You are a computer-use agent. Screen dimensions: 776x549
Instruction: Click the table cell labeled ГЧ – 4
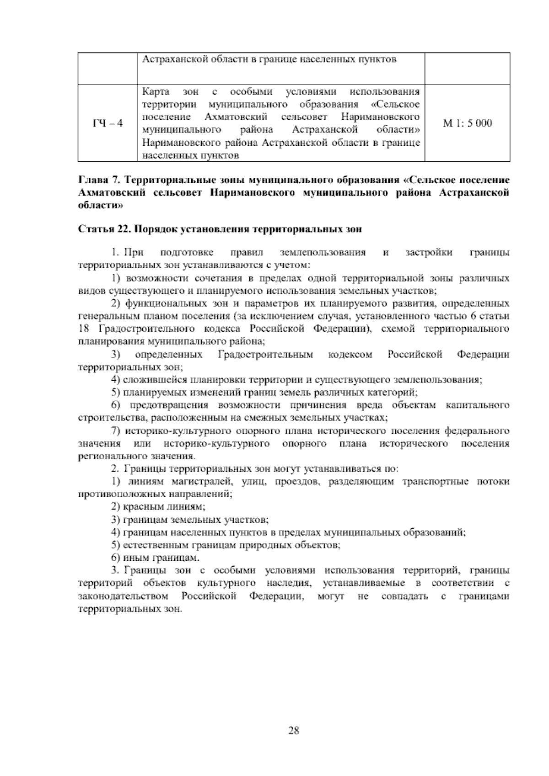tap(108, 123)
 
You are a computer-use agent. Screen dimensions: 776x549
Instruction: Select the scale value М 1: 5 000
tap(467, 123)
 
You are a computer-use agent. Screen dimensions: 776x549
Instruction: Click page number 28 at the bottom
tap(293, 730)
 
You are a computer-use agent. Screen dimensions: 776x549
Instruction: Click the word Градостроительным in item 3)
tap(265, 355)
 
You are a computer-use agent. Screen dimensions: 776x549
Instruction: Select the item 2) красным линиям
tap(158, 506)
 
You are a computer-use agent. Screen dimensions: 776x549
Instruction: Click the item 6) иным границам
tap(155, 558)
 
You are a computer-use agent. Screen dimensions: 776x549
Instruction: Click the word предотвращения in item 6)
tap(169, 405)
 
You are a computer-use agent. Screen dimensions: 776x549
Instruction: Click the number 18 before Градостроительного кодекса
tap(83, 329)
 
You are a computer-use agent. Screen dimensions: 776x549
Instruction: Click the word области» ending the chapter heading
tap(101, 206)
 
